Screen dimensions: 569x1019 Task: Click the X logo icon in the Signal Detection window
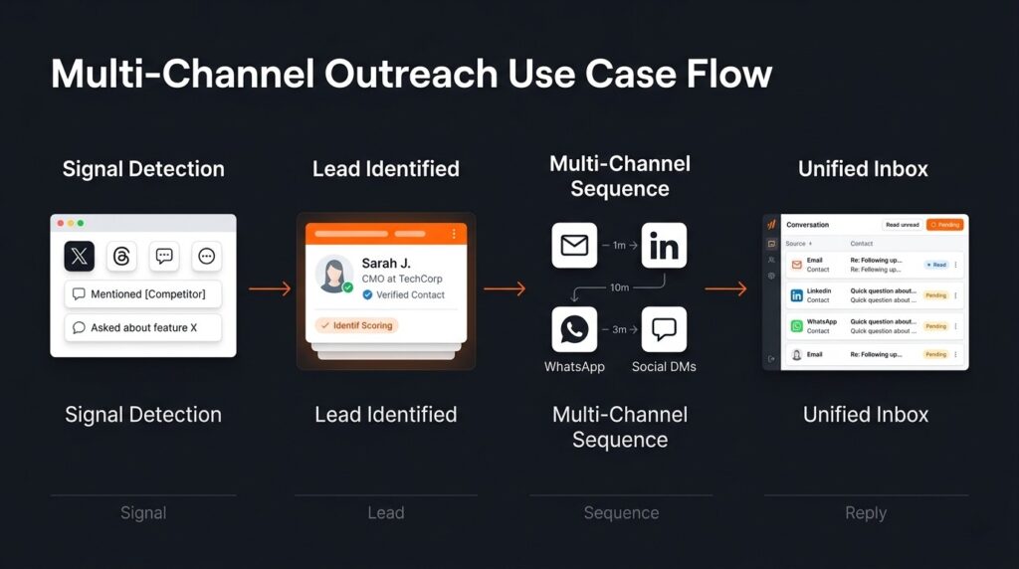[x=80, y=257]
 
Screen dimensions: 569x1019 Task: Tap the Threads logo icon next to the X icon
[x=121, y=257]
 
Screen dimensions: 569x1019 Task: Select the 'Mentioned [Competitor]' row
[x=143, y=294]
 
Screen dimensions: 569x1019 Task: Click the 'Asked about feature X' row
[x=143, y=327]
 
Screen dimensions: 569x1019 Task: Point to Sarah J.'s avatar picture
[x=332, y=273]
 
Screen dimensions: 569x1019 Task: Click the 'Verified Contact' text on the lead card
[x=410, y=294]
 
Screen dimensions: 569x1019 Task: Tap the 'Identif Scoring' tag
[x=356, y=325]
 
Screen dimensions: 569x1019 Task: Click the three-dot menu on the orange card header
[x=454, y=234]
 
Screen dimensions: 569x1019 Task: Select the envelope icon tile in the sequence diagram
[x=574, y=246]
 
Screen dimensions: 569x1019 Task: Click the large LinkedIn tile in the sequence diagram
[x=664, y=246]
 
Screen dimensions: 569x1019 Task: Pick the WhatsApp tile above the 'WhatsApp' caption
[x=574, y=329]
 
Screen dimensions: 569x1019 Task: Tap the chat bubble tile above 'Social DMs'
[x=664, y=329]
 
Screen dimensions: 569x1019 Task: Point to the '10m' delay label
[x=619, y=287]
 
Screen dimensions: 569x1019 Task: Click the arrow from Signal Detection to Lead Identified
[x=269, y=288]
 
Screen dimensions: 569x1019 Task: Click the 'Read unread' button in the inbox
[x=902, y=225]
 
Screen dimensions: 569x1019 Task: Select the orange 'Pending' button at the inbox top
[x=944, y=225]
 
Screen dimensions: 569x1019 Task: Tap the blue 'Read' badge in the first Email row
[x=936, y=265]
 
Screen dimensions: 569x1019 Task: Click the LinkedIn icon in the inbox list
[x=796, y=295]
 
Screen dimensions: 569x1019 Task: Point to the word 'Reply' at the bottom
[x=865, y=513]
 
